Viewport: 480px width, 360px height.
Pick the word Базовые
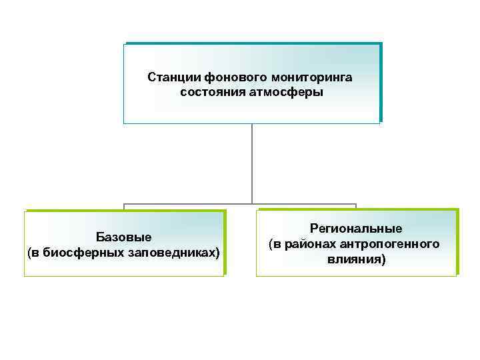(x=124, y=237)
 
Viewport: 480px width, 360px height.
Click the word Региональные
(x=356, y=229)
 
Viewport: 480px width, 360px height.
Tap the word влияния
(x=356, y=259)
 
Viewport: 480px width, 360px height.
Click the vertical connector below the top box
(x=252, y=163)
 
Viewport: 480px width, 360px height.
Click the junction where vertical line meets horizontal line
(x=252, y=204)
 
